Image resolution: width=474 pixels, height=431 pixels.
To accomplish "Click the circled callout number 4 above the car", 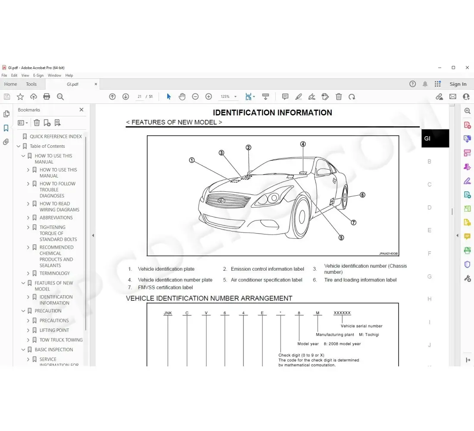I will (x=303, y=144).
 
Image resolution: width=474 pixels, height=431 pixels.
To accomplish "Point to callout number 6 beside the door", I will (x=362, y=195).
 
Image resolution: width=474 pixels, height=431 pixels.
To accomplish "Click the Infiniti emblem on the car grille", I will (x=221, y=200).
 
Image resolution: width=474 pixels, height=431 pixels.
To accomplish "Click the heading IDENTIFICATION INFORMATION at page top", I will (x=272, y=112).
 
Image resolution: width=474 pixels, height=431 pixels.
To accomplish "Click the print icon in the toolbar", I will (x=47, y=97).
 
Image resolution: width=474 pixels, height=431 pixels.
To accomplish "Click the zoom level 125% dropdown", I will (x=228, y=97).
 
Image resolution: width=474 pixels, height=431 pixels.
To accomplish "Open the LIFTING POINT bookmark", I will (x=54, y=330).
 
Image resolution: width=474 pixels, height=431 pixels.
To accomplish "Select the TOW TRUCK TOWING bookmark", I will (x=61, y=340).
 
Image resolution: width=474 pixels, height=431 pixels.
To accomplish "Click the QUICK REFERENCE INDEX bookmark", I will (x=56, y=136).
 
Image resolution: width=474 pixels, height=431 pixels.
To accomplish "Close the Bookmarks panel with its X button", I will (x=81, y=110).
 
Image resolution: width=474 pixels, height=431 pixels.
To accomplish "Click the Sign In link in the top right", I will (x=458, y=84).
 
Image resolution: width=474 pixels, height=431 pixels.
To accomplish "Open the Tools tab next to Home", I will (x=31, y=84).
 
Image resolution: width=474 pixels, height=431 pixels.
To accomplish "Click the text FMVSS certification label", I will (x=165, y=287).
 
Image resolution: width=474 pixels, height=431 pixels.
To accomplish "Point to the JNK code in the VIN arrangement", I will (x=168, y=313).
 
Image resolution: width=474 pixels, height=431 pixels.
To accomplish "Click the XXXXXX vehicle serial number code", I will (x=342, y=313).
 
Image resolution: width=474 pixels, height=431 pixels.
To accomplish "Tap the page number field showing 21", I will (x=139, y=97).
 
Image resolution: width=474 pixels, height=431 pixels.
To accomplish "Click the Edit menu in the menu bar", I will (x=14, y=75).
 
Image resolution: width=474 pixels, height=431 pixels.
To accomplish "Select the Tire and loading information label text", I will (x=360, y=280).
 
